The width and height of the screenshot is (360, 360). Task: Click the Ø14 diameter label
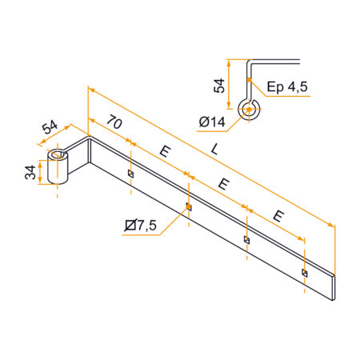tap(209, 122)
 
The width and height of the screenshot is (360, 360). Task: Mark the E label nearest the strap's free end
tap(279, 215)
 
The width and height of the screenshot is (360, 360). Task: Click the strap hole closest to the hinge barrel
tap(130, 173)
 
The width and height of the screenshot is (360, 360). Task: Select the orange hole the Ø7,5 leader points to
tap(189, 206)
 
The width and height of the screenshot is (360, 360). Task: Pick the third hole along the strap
tap(247, 239)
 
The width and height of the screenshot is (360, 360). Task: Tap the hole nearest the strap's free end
tap(305, 272)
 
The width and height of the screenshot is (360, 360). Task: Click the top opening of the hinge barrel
tap(59, 154)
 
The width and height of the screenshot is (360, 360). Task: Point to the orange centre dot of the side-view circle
tap(250, 108)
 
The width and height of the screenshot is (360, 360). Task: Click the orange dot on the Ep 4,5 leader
tap(250, 81)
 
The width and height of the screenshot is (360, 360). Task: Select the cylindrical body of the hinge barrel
tap(61, 170)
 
